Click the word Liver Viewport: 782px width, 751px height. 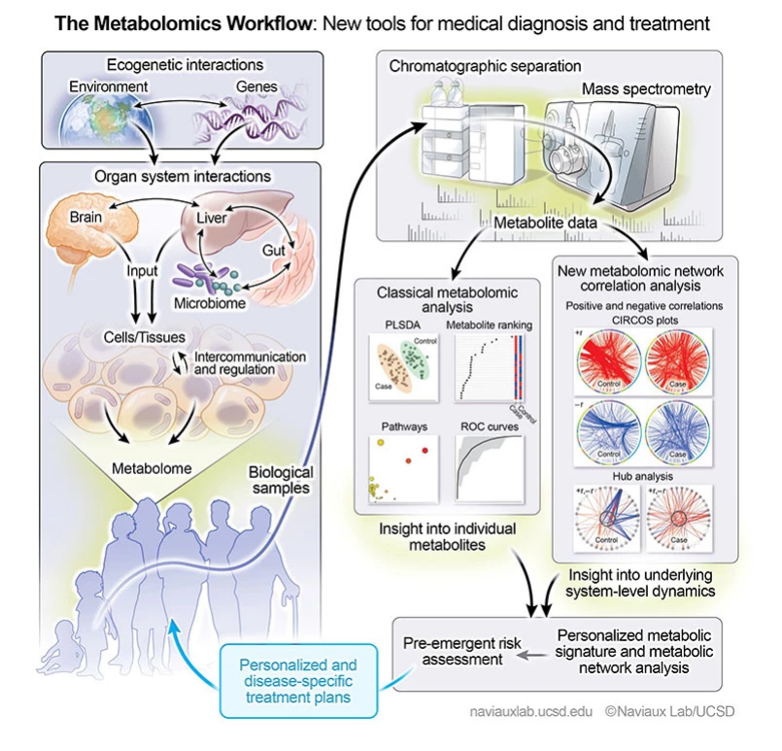pos(211,219)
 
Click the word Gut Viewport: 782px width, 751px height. pos(274,251)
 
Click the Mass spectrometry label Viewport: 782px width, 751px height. pos(646,89)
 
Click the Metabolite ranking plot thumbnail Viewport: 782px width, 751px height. pos(490,366)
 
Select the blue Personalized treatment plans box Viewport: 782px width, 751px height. pos(298,681)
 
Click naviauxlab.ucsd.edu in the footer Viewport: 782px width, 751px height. pos(530,711)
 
